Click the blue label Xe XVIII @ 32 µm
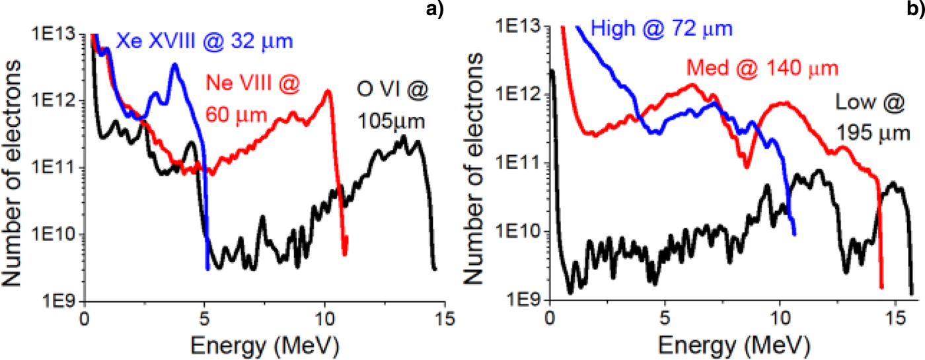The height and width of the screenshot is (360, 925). click(x=204, y=42)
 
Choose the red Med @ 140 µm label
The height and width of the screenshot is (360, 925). click(x=762, y=67)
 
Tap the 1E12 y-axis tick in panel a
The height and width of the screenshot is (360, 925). click(x=57, y=101)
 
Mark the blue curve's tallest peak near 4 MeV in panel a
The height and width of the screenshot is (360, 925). click(x=175, y=65)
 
